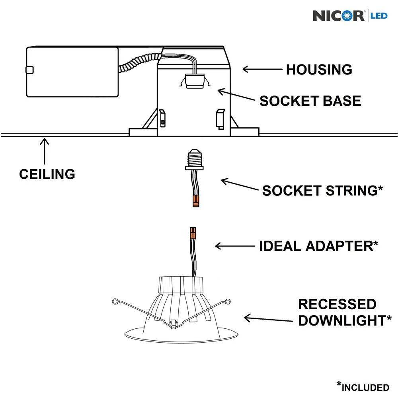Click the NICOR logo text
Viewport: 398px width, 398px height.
click(338, 16)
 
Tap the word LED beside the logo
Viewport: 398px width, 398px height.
click(379, 16)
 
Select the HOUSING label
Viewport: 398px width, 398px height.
click(319, 70)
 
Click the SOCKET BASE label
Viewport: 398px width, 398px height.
click(310, 101)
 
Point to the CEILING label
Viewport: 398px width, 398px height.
click(47, 174)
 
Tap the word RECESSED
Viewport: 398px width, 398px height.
click(337, 304)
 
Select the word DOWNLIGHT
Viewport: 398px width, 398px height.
click(341, 321)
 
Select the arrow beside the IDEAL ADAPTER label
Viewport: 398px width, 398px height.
click(235, 246)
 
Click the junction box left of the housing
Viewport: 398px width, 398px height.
click(72, 72)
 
